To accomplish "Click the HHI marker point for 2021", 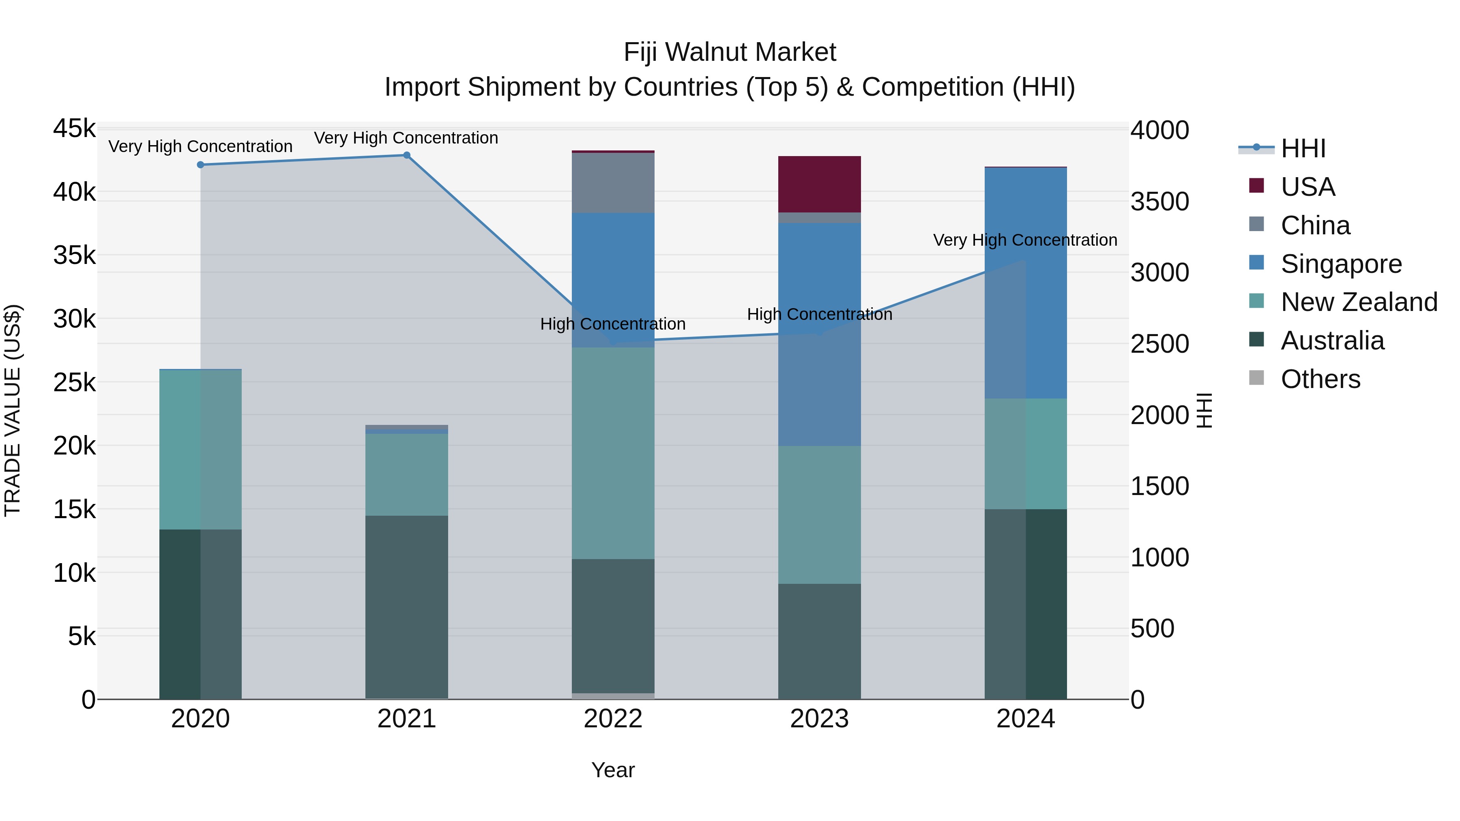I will (406, 155).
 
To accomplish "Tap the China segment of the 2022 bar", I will (613, 182).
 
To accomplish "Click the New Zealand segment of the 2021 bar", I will (406, 474).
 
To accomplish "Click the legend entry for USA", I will (1307, 187).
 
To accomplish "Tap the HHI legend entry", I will (1302, 148).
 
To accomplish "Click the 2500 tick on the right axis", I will (1159, 344).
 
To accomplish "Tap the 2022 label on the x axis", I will (613, 719).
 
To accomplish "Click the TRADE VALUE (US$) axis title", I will (13, 411).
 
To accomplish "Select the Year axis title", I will (613, 770).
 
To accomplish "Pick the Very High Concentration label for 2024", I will (1025, 240).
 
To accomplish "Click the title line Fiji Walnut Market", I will (730, 52).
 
